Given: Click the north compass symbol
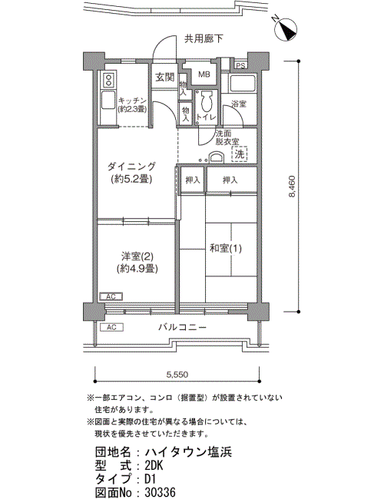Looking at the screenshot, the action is [x=285, y=30].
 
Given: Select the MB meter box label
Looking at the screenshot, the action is [x=204, y=74].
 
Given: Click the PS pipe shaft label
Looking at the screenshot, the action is [x=241, y=66].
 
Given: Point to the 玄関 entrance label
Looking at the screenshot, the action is [x=164, y=77].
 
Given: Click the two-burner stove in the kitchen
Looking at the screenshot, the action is [x=108, y=80].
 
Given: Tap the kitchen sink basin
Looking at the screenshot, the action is [x=108, y=100].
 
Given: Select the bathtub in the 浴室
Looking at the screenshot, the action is [x=243, y=84].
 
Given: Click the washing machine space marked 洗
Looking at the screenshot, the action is [x=240, y=154].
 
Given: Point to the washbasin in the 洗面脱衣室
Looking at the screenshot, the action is [x=217, y=158].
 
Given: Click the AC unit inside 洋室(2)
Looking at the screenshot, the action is [x=111, y=296].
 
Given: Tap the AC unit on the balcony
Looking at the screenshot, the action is [x=111, y=327].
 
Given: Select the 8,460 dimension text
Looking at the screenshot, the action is [x=292, y=187].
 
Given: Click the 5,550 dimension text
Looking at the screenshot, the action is [x=177, y=375].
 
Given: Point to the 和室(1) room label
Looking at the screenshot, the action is [x=226, y=248].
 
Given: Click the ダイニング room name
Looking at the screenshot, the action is [x=131, y=166].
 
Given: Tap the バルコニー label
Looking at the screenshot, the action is [x=183, y=327].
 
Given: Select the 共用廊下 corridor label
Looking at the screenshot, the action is [x=204, y=39].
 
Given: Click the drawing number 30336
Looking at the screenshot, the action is [x=161, y=492].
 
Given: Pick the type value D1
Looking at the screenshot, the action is [x=150, y=478].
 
